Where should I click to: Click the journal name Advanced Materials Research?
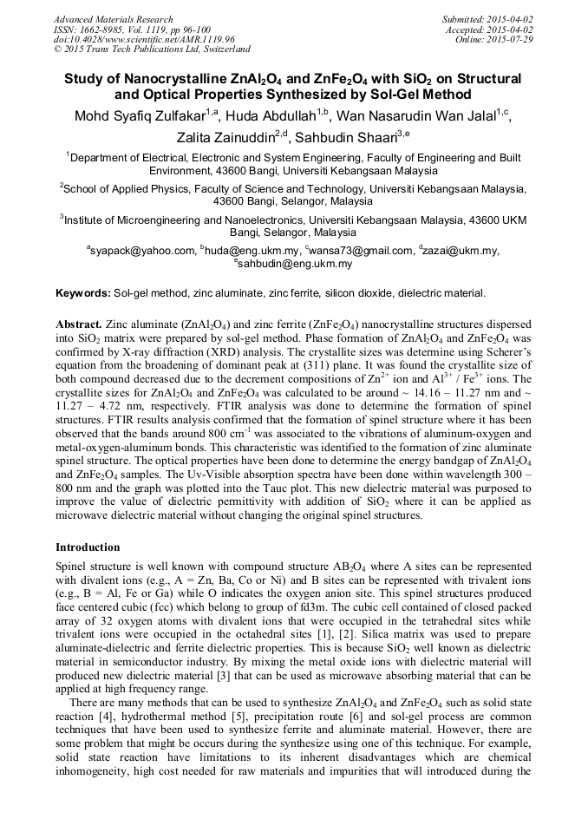click(113, 19)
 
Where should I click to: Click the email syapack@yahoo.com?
click(142, 251)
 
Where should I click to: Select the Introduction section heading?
click(88, 547)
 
